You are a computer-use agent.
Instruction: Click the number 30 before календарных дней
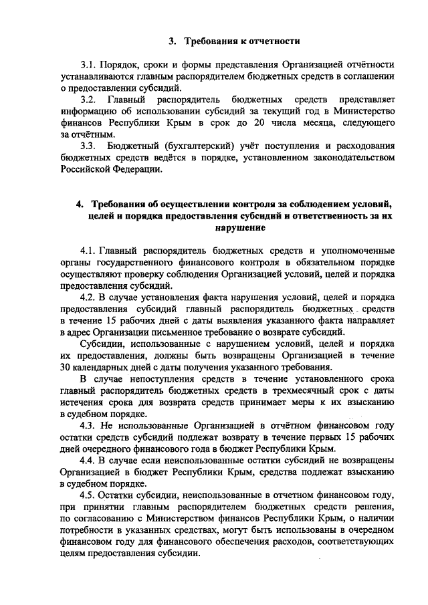[x=66, y=368]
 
